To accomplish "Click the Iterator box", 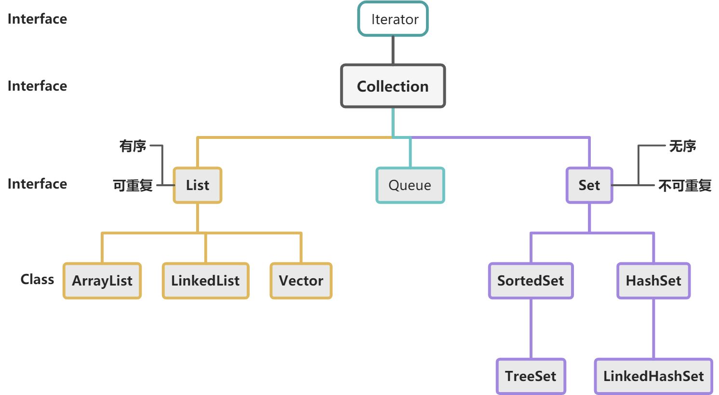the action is tap(393, 19).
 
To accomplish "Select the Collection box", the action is tap(393, 86).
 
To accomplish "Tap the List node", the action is tap(198, 185).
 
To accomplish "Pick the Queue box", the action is tap(410, 185).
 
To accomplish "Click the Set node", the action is tap(589, 185).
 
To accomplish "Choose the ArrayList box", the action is tap(102, 281).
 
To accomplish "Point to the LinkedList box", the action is tap(205, 281).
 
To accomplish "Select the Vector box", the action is tap(301, 281).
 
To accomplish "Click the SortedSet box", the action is tap(531, 281).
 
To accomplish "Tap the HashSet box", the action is tap(653, 281).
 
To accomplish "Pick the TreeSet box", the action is tap(531, 376).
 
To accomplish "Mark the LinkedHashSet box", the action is tap(653, 376).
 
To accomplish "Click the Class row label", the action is tap(37, 279).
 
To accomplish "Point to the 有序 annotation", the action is tap(133, 146).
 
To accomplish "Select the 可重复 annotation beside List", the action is tap(133, 186).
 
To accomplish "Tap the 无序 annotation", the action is tap(683, 146).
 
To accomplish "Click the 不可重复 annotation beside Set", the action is tap(685, 186).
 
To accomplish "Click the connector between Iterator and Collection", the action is tap(393, 50).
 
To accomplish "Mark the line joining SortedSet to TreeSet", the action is tap(531, 328).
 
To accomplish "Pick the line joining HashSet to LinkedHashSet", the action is tap(653, 328).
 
